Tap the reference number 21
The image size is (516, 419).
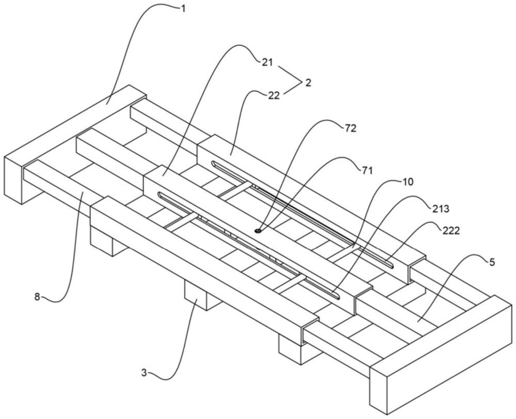(x=267, y=62)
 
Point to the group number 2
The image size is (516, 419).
(x=308, y=82)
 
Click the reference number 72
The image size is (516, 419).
(x=350, y=128)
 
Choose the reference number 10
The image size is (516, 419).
(x=407, y=182)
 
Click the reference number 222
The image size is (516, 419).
(x=450, y=231)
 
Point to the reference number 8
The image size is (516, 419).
(x=37, y=297)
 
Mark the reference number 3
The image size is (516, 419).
(x=144, y=373)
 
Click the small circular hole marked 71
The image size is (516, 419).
(x=259, y=231)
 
